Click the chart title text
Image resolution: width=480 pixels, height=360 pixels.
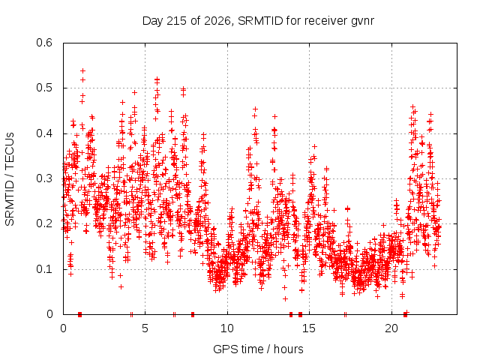point(258,21)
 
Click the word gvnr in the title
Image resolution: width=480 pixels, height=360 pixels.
point(362,22)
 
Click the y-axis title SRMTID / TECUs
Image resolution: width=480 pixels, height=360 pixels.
point(10,179)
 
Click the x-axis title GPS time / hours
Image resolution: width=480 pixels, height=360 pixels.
point(258,349)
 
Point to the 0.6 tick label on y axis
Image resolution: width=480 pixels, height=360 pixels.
point(44,43)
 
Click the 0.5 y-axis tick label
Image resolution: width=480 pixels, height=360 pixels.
point(44,88)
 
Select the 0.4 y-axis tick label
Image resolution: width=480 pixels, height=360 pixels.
point(44,133)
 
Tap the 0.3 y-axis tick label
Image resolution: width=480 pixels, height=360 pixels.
point(44,178)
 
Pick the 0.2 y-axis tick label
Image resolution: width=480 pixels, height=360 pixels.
point(44,223)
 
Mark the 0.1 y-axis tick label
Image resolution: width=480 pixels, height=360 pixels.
point(44,269)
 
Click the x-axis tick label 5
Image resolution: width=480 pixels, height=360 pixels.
point(145,328)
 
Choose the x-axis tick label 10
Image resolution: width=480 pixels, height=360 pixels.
point(227,328)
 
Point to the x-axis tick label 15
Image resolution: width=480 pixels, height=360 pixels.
point(309,328)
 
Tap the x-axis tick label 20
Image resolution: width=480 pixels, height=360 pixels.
point(391,328)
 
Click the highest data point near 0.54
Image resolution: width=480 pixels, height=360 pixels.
point(82,70)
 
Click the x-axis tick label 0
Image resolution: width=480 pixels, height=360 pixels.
point(63,328)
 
